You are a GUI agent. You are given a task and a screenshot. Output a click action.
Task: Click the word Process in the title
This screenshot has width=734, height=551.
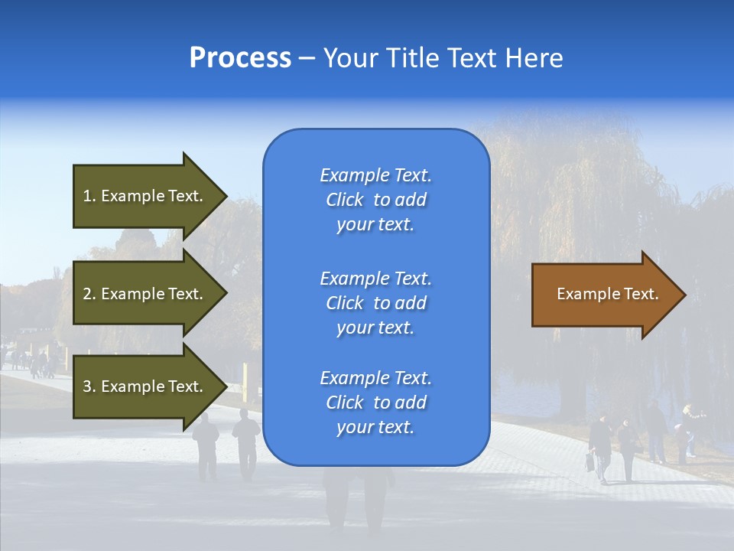tap(240, 58)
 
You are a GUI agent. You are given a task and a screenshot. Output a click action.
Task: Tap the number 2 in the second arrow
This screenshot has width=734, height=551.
tap(87, 294)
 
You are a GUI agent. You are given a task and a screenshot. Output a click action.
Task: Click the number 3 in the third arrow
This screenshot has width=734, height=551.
tap(87, 386)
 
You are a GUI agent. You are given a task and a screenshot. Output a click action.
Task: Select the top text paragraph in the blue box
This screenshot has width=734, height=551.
tap(375, 200)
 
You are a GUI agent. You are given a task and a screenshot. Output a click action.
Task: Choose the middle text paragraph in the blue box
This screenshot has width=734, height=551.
tap(375, 303)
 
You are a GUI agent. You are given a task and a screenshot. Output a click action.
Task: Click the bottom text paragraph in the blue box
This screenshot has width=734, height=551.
tap(375, 403)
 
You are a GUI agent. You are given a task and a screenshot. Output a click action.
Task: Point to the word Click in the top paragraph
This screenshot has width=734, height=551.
tap(344, 200)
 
